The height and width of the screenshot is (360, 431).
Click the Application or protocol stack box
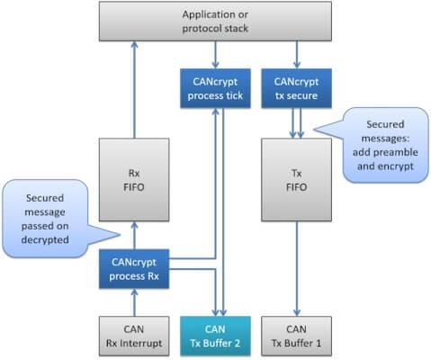coord(216,22)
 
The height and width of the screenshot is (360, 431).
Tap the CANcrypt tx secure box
coord(295,87)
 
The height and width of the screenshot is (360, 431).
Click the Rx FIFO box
coord(134,179)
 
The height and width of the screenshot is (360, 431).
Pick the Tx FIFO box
coord(295,179)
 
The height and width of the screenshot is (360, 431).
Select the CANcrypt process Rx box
coord(134,267)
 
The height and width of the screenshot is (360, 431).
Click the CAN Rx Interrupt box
coord(134,335)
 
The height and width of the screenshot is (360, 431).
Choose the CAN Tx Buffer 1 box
coord(295,335)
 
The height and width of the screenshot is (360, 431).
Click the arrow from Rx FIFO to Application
coord(134,90)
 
